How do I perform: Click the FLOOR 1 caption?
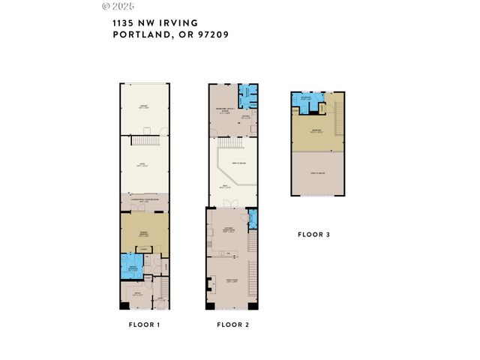click(x=145, y=325)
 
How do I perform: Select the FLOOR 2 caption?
click(x=232, y=325)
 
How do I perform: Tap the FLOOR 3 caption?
click(x=313, y=235)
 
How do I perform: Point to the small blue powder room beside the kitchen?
click(x=253, y=220)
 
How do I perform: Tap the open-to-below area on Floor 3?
click(x=318, y=174)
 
